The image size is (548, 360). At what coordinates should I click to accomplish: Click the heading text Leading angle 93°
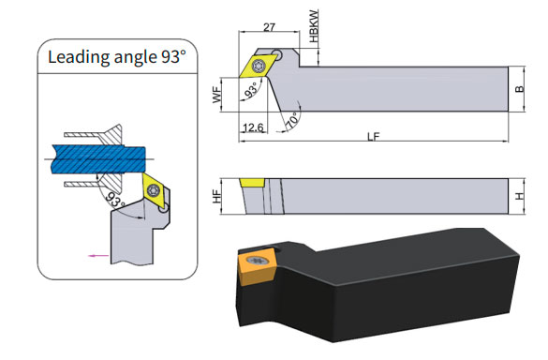click(x=117, y=57)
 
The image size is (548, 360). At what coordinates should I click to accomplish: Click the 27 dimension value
click(x=269, y=27)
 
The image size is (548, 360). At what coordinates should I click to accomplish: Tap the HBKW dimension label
click(x=314, y=26)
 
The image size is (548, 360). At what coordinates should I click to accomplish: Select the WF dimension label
click(x=217, y=95)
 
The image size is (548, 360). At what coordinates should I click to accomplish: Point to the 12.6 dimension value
click(x=253, y=127)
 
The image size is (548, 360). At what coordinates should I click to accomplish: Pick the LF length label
click(x=373, y=137)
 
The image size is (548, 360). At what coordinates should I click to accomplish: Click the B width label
click(x=520, y=89)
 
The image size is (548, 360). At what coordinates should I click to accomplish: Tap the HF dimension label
click(x=217, y=196)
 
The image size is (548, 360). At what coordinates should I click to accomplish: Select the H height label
click(x=520, y=196)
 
